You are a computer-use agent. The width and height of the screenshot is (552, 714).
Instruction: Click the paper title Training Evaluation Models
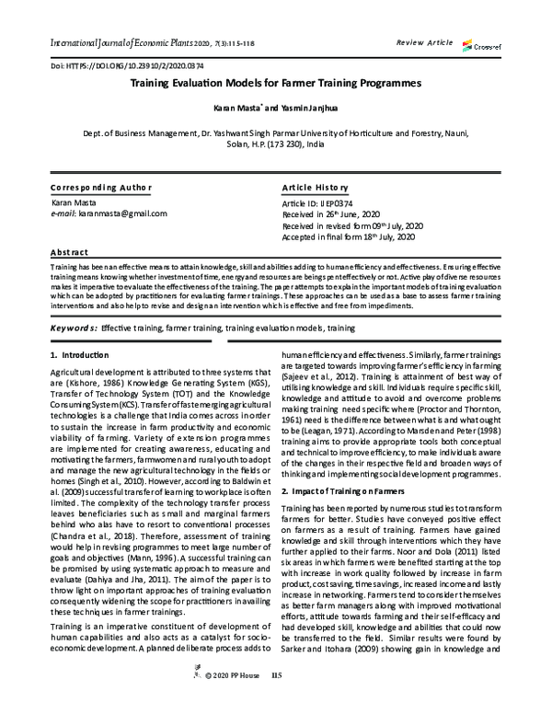(x=276, y=83)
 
